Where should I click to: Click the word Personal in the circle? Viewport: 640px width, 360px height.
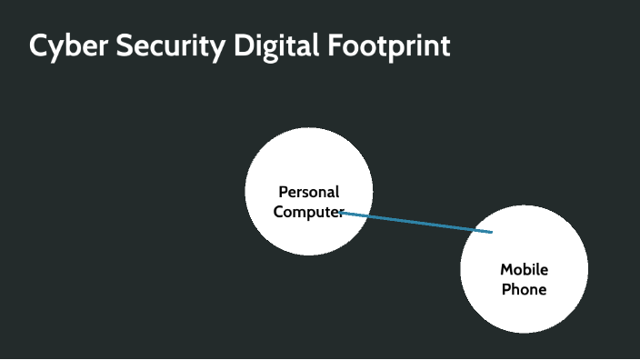(x=309, y=192)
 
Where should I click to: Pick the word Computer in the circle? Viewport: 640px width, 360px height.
(x=309, y=212)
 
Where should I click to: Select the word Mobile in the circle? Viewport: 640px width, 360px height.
(x=525, y=269)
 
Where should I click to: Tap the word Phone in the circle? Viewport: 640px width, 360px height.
(x=525, y=289)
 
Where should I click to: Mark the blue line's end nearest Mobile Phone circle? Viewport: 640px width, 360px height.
(x=491, y=232)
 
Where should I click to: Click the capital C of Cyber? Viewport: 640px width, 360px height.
(x=38, y=45)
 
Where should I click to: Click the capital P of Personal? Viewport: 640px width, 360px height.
(x=283, y=192)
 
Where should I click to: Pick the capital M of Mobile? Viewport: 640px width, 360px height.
(x=506, y=269)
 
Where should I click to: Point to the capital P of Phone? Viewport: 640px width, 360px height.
(x=506, y=289)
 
